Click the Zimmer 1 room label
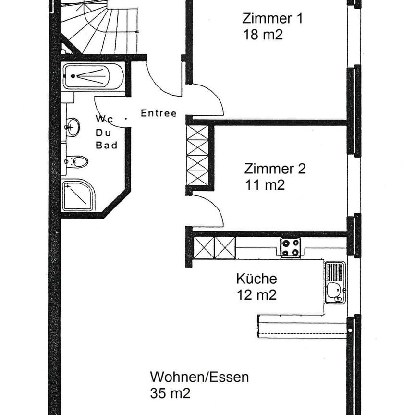coord(272,19)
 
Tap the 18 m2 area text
coord(263,35)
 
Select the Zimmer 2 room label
coord(275,169)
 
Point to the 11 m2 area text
coord(264,185)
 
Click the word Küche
coord(256,279)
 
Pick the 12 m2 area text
coord(256,295)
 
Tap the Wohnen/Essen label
coord(199,377)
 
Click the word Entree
coord(159,114)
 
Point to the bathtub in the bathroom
coord(93,76)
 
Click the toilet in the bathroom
coord(78,161)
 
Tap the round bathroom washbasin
coord(73,127)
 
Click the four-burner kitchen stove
coord(290,247)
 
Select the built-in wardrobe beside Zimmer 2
coord(197,155)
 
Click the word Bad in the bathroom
coord(107,145)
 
